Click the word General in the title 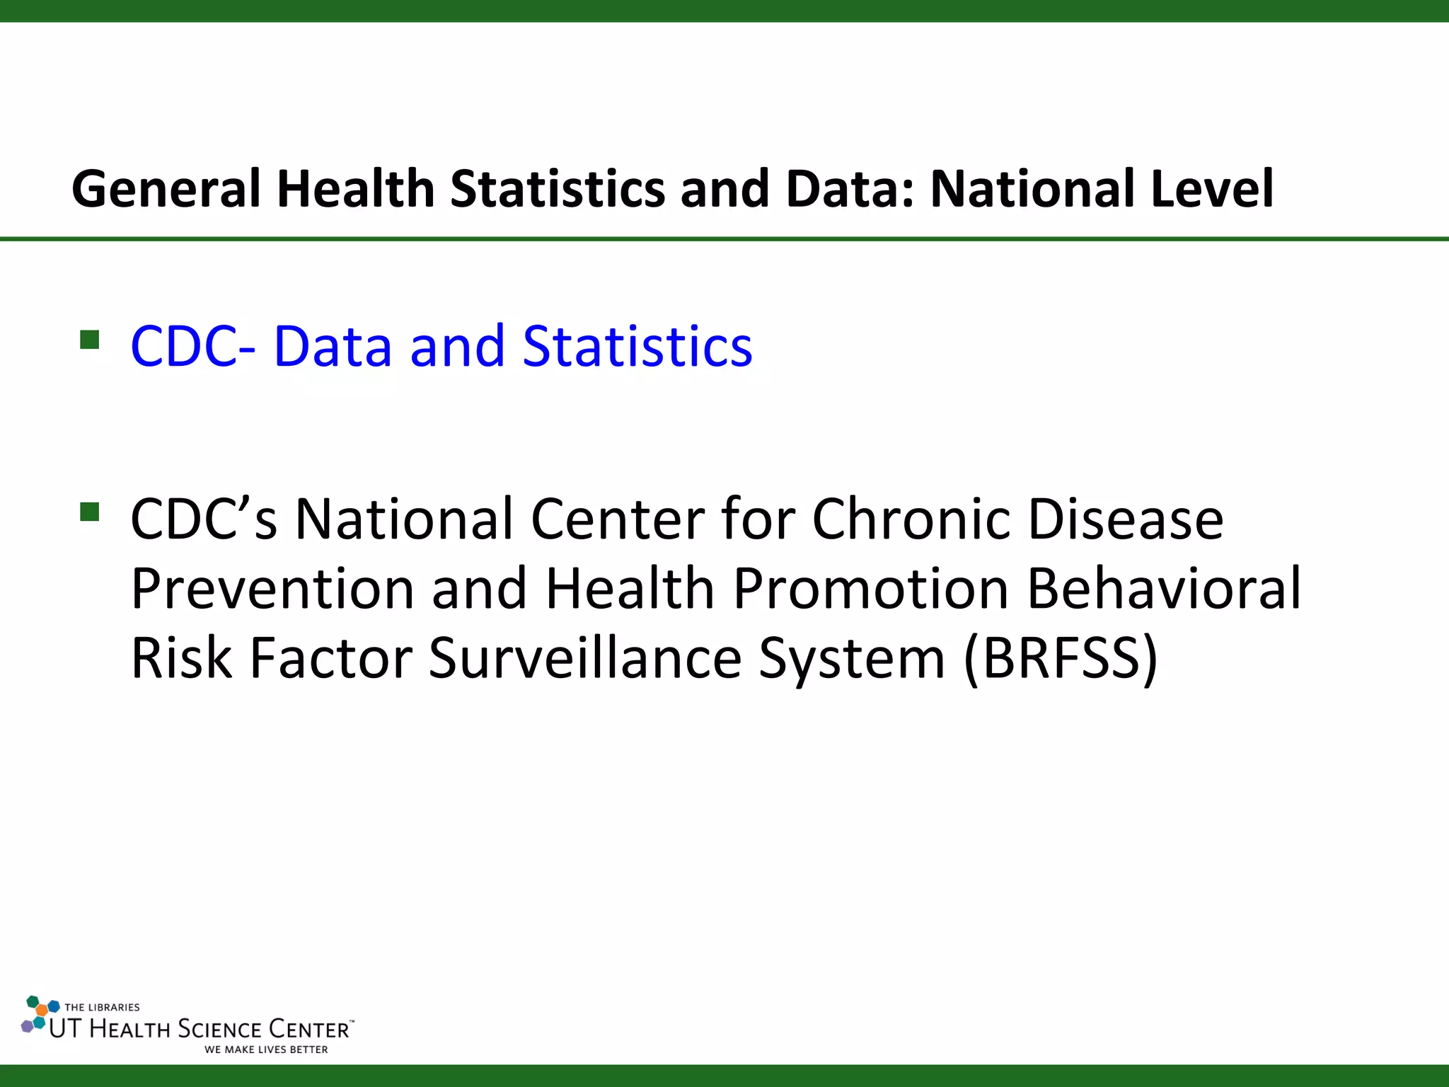coord(166,190)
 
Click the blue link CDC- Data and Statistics coord(441,347)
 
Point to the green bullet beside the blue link coord(90,340)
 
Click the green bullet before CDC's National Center coord(90,511)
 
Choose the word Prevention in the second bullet coord(272,589)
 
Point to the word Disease coord(1125,519)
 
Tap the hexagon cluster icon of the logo coord(38,1015)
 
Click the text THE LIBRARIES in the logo coord(102,1007)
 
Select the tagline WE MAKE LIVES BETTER coord(266,1049)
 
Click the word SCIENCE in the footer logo coord(219,1029)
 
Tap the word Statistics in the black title coord(558,189)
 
